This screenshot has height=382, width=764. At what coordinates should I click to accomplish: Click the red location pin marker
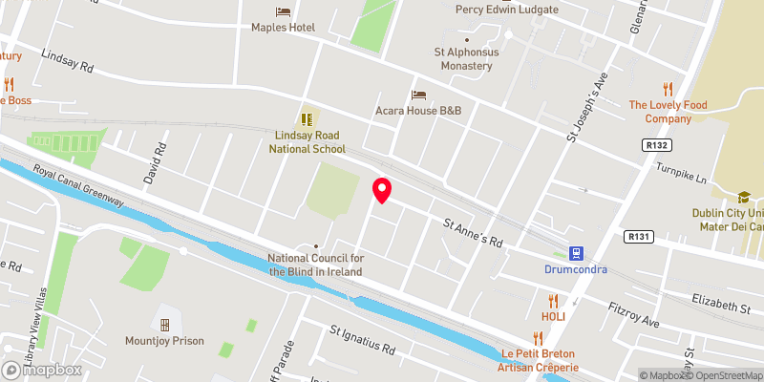coord(382,191)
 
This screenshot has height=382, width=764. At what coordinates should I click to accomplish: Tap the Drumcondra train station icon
coord(576,253)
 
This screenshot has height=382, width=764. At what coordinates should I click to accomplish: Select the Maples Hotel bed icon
coord(283,11)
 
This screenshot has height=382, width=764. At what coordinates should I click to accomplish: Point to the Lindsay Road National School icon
coord(308,119)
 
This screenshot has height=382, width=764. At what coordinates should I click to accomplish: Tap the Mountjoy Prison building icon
coord(165,324)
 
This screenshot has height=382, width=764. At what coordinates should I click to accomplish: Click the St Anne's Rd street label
coord(471,231)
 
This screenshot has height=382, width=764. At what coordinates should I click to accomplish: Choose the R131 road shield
coord(638,236)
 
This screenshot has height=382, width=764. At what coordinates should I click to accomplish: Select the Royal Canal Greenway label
coord(78,186)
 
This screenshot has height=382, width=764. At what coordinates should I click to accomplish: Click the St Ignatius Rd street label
coord(362,340)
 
